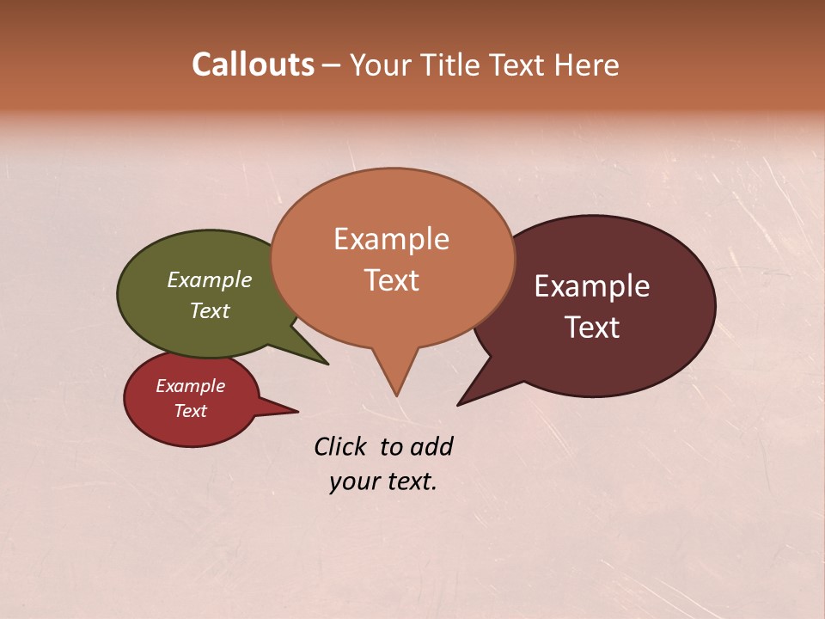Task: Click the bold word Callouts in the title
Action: click(253, 64)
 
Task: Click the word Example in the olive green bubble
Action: click(210, 279)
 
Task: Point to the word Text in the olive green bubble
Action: click(210, 310)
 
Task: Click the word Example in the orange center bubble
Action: click(391, 239)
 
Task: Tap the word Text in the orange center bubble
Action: click(391, 280)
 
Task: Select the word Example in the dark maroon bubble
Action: click(592, 286)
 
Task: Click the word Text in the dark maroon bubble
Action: click(593, 328)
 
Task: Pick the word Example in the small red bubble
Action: click(191, 386)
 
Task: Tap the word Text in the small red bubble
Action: click(191, 411)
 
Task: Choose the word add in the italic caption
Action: click(431, 446)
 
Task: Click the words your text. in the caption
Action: click(383, 481)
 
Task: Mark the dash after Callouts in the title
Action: click(332, 64)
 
